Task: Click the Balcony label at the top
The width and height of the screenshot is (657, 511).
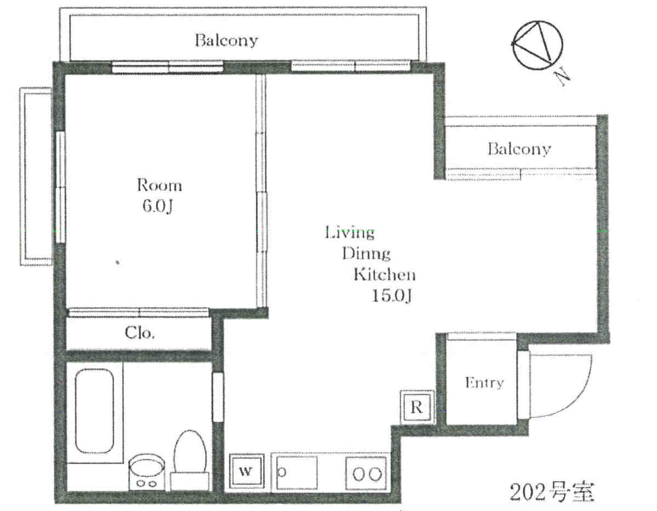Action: point(226,40)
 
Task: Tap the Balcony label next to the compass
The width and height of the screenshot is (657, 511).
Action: point(519,149)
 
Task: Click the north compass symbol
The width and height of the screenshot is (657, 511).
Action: point(537,45)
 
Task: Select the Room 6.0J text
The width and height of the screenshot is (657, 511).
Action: point(159,195)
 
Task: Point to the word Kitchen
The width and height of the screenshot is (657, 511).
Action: point(385,274)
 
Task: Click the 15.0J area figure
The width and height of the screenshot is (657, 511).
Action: point(392,296)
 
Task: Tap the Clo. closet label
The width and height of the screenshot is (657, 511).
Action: point(140,333)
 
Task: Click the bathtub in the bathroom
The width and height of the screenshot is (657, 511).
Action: point(94,411)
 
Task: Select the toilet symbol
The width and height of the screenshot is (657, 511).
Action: point(190,460)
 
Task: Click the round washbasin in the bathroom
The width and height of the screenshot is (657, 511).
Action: point(147,472)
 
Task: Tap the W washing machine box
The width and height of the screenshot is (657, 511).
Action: point(247,471)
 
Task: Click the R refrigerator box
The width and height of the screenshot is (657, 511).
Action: point(417,407)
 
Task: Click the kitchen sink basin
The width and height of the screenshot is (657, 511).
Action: point(296,473)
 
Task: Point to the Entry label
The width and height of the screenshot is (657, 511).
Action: point(484,383)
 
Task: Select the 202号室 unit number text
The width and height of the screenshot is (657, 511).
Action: point(552,491)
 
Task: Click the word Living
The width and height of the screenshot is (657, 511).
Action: point(350,232)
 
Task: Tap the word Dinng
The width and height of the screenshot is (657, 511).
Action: point(366,254)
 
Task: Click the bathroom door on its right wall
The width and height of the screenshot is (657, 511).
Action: point(218,397)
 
